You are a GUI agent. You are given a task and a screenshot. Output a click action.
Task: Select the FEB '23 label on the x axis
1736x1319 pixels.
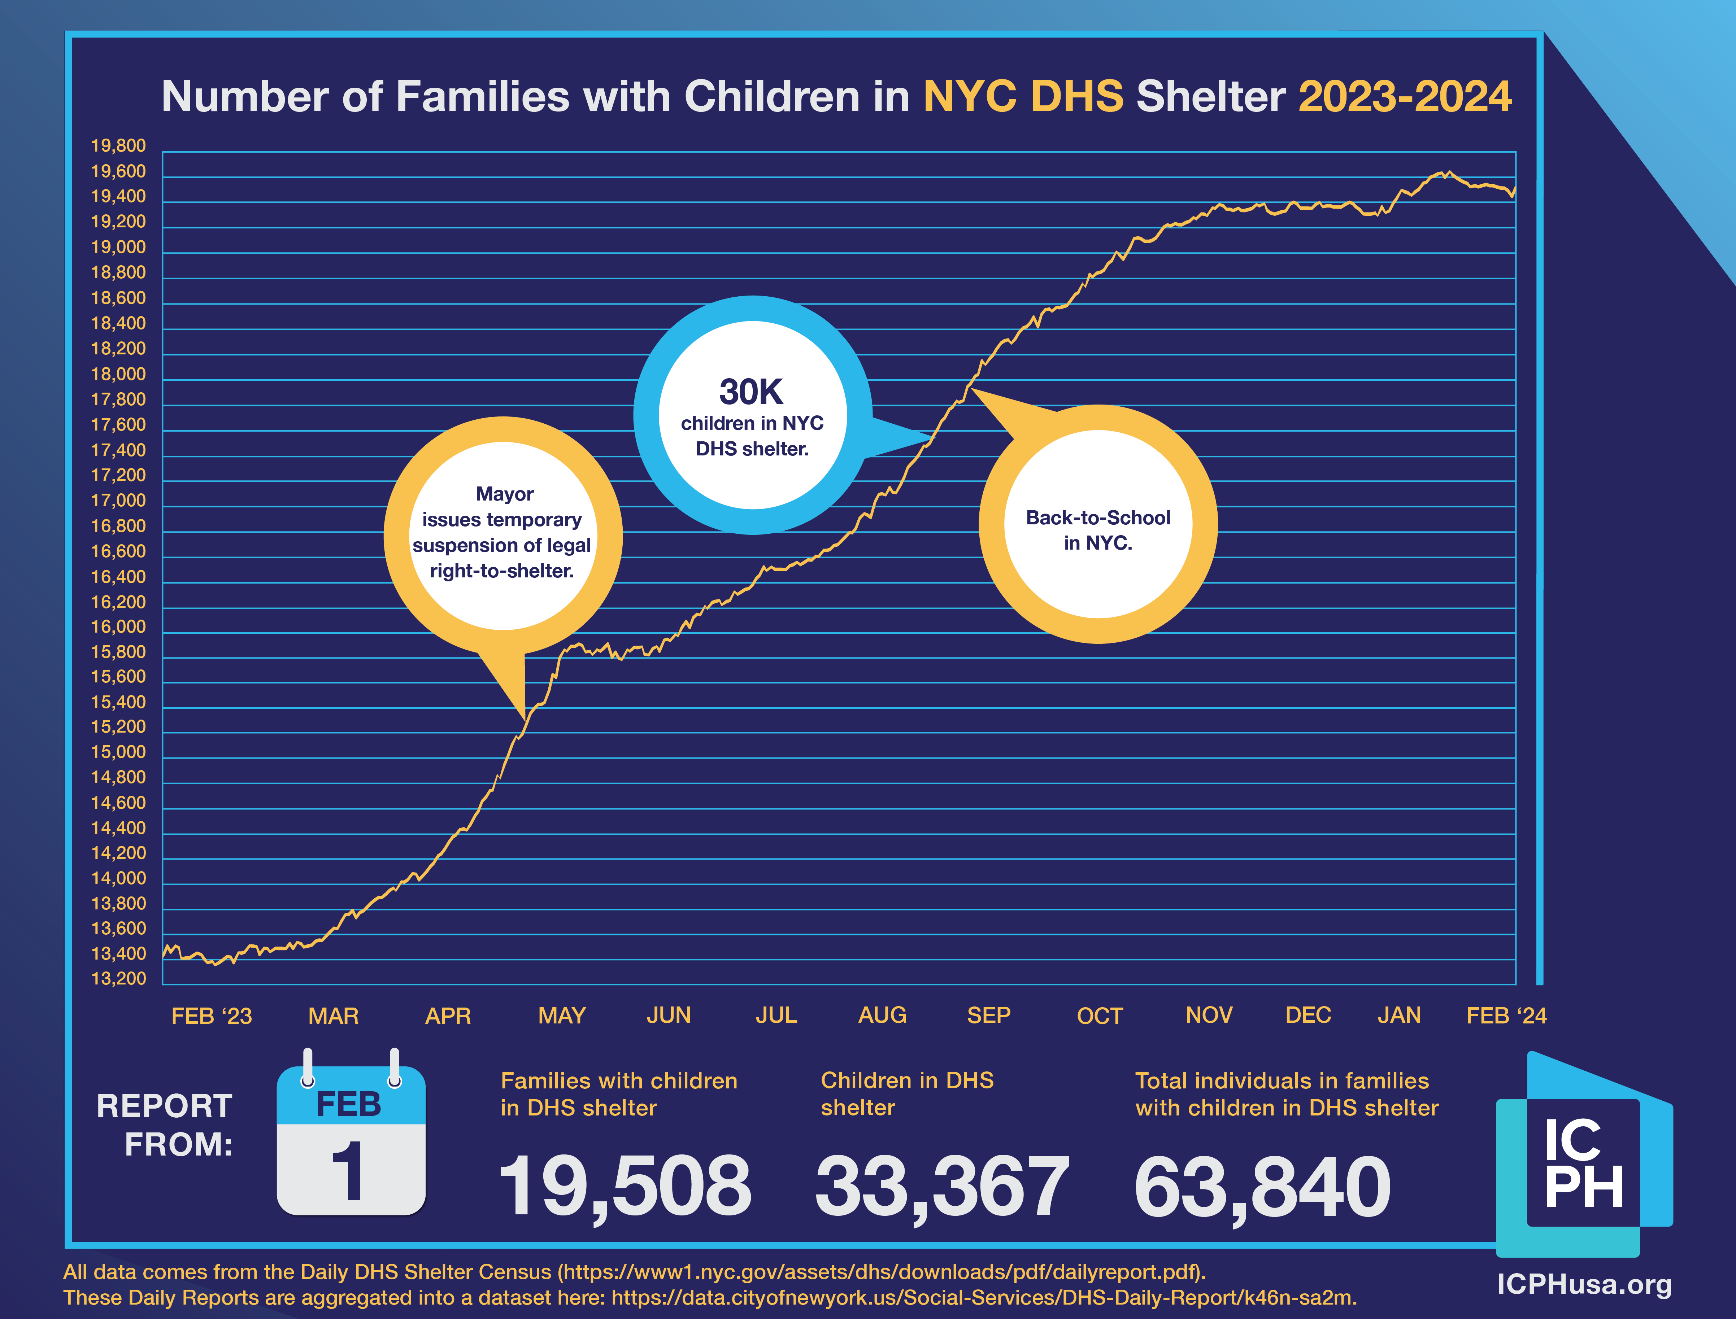coord(211,1016)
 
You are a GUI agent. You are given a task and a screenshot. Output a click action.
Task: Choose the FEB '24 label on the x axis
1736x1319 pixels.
coord(1506,1016)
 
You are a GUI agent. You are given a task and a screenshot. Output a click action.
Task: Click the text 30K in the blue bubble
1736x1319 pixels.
coord(752,392)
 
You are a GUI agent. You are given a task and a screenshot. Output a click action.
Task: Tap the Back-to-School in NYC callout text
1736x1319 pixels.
coord(1098,530)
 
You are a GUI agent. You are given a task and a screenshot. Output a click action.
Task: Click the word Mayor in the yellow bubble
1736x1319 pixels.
coord(504,494)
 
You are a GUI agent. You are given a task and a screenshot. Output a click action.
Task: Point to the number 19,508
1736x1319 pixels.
coord(625,1185)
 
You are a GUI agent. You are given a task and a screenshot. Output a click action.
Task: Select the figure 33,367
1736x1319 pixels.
coord(942,1185)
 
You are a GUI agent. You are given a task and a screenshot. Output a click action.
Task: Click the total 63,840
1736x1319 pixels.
coord(1262,1185)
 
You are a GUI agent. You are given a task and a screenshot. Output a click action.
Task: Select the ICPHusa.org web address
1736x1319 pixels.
coord(1584,1284)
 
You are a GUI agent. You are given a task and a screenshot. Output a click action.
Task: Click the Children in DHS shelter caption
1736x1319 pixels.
coord(907,1094)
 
